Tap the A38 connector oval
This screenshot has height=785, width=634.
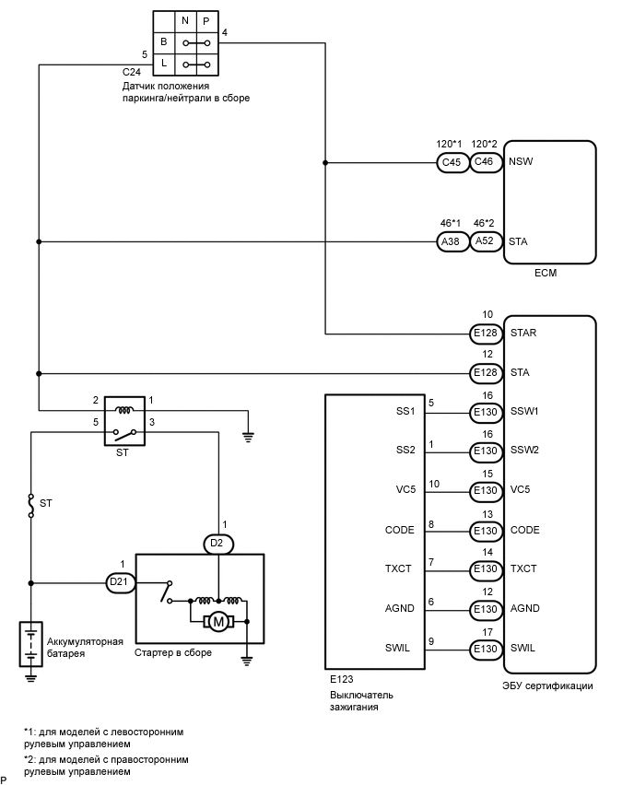(452, 242)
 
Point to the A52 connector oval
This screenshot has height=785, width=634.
(485, 242)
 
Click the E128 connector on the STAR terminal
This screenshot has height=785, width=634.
(486, 334)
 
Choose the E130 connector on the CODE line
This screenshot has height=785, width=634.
(486, 531)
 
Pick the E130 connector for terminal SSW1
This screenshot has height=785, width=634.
(486, 412)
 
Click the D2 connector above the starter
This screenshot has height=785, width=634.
(217, 544)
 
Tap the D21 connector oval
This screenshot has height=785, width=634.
(118, 582)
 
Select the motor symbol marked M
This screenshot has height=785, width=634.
(219, 623)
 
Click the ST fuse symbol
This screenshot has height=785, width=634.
(31, 505)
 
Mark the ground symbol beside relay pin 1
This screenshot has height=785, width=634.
(247, 437)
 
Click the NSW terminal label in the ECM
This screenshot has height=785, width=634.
(521, 161)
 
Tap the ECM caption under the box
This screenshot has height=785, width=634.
(546, 274)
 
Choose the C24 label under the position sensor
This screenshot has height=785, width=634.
(133, 71)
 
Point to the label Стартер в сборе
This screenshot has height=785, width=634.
(174, 653)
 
